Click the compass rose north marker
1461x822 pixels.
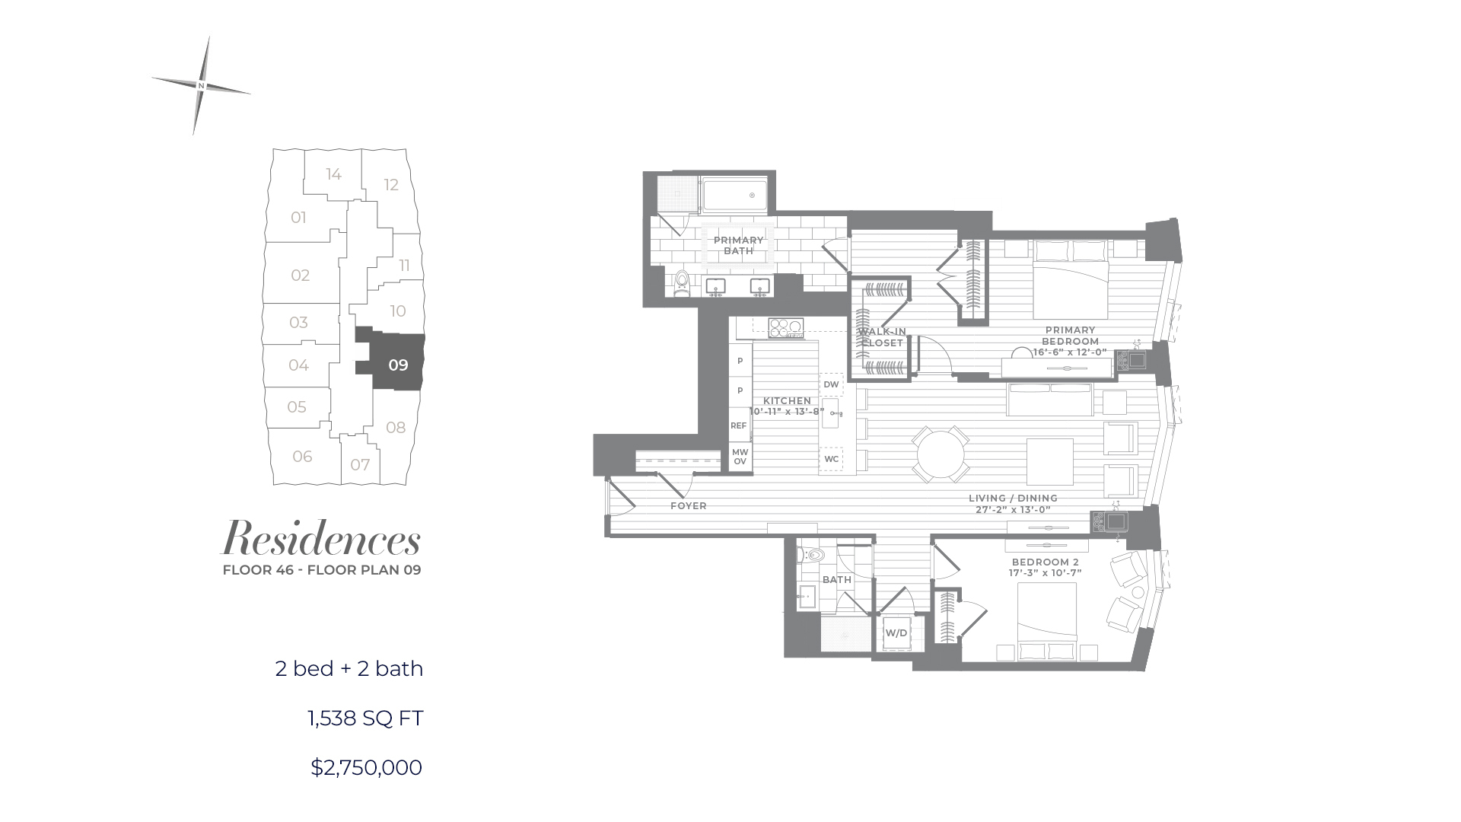[x=201, y=86]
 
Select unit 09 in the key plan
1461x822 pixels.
[x=398, y=365]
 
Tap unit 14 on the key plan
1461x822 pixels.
[x=333, y=174]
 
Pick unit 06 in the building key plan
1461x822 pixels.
[x=302, y=456]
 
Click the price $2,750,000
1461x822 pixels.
[x=366, y=767]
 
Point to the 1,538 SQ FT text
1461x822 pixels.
[x=365, y=718]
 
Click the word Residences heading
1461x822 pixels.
[x=320, y=539]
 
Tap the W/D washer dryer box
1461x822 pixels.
[x=896, y=633]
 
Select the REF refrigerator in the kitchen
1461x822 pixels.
[x=739, y=425]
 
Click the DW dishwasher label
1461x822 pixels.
[x=831, y=384]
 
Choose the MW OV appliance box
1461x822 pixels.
[x=740, y=457]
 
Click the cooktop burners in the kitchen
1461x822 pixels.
[x=785, y=328]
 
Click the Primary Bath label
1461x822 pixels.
[x=738, y=245]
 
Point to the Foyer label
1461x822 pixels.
[x=689, y=505]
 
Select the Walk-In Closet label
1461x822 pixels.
[x=882, y=337]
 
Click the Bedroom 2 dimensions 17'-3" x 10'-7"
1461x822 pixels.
[x=1045, y=572]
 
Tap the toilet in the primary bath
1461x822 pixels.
[x=682, y=282]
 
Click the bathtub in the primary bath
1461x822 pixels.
[x=734, y=196]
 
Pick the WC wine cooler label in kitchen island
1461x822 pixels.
[x=831, y=459]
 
